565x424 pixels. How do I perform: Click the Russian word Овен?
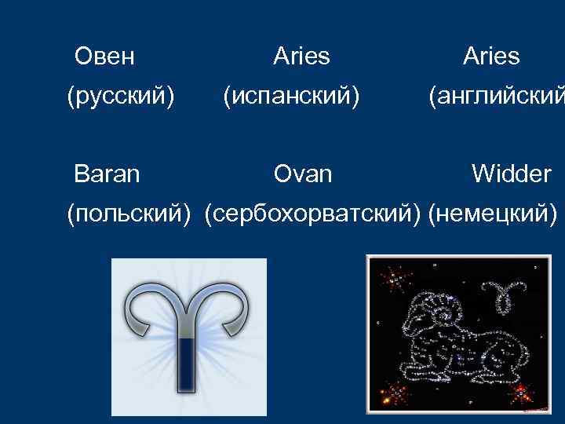(104, 57)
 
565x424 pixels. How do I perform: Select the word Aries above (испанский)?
(301, 57)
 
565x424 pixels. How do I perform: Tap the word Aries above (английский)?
(491, 57)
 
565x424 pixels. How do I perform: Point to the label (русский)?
(120, 97)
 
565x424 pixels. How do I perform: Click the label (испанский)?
(291, 97)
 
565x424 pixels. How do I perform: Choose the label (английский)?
(495, 97)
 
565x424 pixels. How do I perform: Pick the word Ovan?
(303, 174)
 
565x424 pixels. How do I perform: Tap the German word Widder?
(511, 174)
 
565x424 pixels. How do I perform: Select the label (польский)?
(129, 214)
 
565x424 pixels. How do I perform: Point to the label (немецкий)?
(494, 214)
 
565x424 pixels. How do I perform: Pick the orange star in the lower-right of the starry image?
(519, 390)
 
